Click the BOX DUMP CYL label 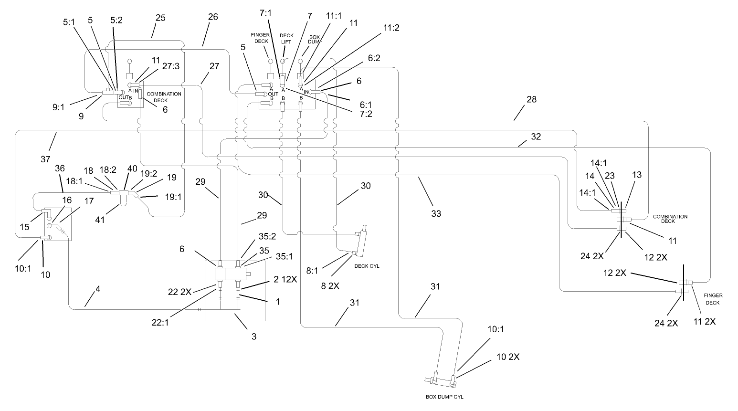coord(444,397)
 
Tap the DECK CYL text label coord(367,266)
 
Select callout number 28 coord(531,99)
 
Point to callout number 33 coord(436,213)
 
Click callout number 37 coord(45,159)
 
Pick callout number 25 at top coord(160,18)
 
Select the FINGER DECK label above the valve coord(261,38)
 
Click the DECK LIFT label coord(286,38)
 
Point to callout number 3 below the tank coord(254,337)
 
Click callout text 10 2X coord(508,357)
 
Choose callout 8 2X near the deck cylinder coord(330,286)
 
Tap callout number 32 coord(536,137)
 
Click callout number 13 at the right coord(637,176)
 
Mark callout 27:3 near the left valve coord(171,67)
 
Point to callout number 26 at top coord(213,16)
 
